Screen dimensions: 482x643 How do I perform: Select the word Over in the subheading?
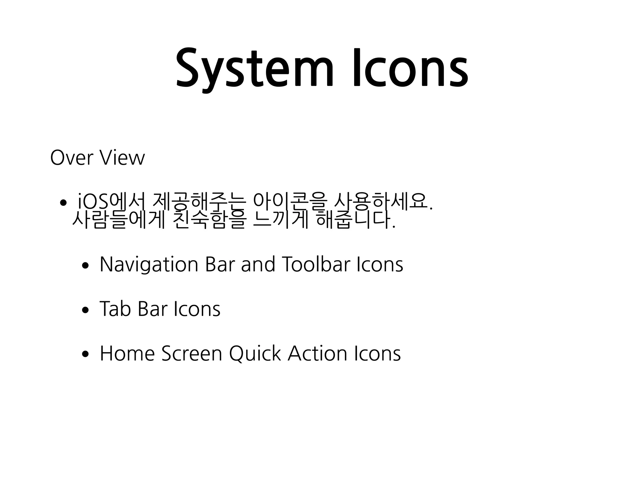72,158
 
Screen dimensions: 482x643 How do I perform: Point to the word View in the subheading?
122,158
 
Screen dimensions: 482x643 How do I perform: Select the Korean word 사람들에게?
118,220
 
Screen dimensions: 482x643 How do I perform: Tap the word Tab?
115,309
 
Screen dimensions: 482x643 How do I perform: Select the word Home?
127,354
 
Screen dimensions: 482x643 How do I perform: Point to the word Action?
317,354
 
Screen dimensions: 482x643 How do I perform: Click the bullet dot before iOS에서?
63,203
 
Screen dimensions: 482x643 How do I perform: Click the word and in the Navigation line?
258,265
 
